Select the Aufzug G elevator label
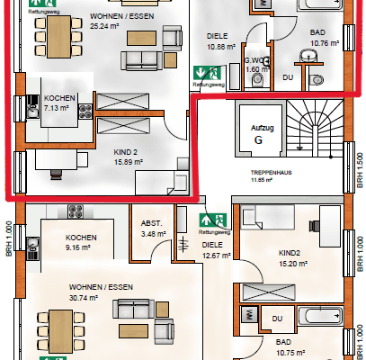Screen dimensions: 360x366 coord(257,135)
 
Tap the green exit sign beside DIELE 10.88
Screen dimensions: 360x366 coord(213,72)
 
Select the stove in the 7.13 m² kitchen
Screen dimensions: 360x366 coord(86,112)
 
